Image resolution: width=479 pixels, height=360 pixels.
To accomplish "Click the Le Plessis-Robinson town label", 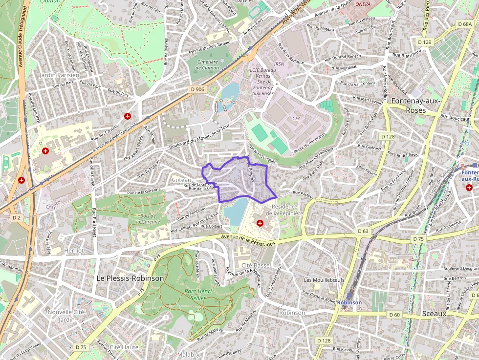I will coord(130,278).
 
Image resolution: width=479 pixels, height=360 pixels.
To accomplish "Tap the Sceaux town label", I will coord(434,314).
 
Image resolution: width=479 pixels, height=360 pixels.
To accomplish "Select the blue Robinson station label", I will coord(349,302).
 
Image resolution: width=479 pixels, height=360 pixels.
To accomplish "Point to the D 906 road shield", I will coord(197,89).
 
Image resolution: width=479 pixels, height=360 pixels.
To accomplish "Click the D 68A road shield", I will coord(464,24).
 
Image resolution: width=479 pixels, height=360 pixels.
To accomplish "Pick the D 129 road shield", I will coord(426,42).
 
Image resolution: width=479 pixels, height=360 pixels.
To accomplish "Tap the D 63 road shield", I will coord(363,231).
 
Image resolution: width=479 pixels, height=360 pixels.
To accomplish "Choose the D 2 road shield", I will coord(17,217).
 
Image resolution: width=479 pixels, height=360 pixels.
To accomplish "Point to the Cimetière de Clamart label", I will coord(207,64).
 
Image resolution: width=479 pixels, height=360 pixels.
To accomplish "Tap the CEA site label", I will coord(296,118).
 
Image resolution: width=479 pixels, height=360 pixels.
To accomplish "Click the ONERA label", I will coord(363,4).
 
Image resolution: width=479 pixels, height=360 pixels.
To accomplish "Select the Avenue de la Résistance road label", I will coord(248,239).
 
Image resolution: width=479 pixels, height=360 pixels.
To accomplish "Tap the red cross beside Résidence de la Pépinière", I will coord(260,223).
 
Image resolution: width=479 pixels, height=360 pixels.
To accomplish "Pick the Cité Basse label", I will coord(256,265).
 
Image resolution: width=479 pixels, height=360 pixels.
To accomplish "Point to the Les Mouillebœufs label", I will coord(324,280).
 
